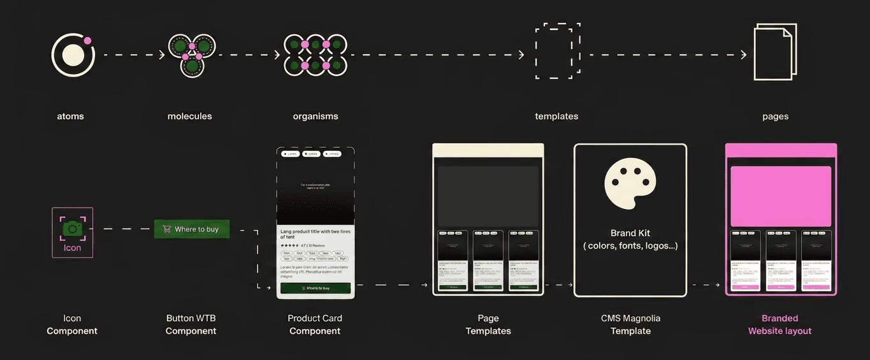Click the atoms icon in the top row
pos(72,55)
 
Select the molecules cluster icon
pos(192,55)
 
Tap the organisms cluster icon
pos(315,55)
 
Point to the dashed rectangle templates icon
pos(557,52)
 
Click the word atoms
pos(70,117)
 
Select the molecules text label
pos(189,117)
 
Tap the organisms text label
pos(315,117)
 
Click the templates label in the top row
pos(556,117)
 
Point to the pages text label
pos(775,117)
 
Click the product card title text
pos(314,234)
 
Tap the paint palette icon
pos(630,184)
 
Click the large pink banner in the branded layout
pos(781,196)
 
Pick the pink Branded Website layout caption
pos(779,324)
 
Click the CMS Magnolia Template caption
pos(630,324)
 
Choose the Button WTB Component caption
pos(191,324)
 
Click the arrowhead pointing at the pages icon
pos(743,55)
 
